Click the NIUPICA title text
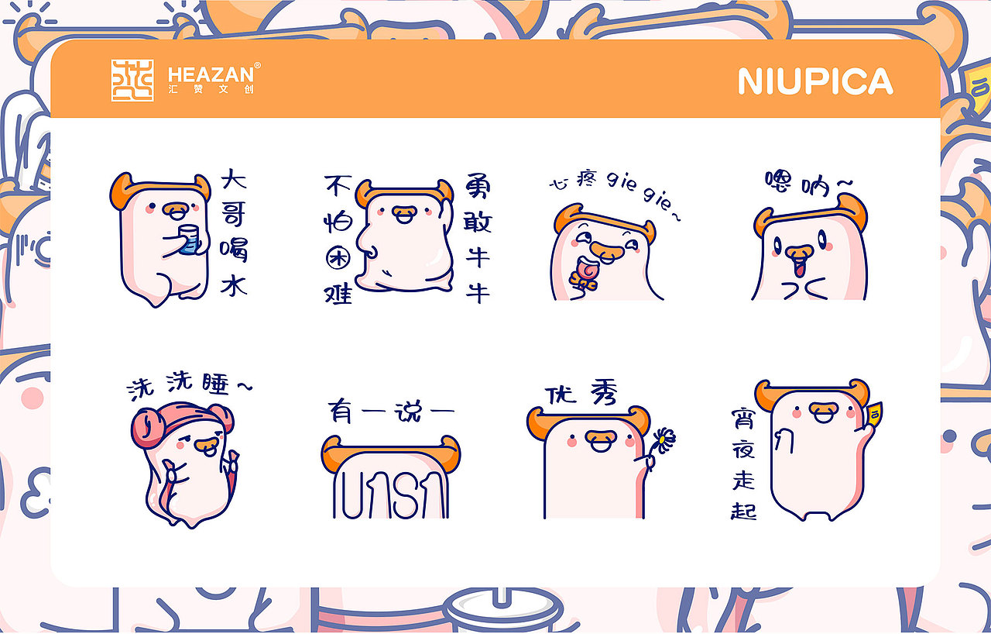pyautogui.click(x=815, y=81)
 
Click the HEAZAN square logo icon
pyautogui.click(x=132, y=80)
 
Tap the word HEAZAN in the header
pyautogui.click(x=210, y=74)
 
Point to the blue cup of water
pyautogui.click(x=188, y=239)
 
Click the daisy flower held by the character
pyautogui.click(x=664, y=441)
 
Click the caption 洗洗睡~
pyautogui.click(x=188, y=388)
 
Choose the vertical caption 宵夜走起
pyautogui.click(x=743, y=465)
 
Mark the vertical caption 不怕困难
pyautogui.click(x=338, y=239)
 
